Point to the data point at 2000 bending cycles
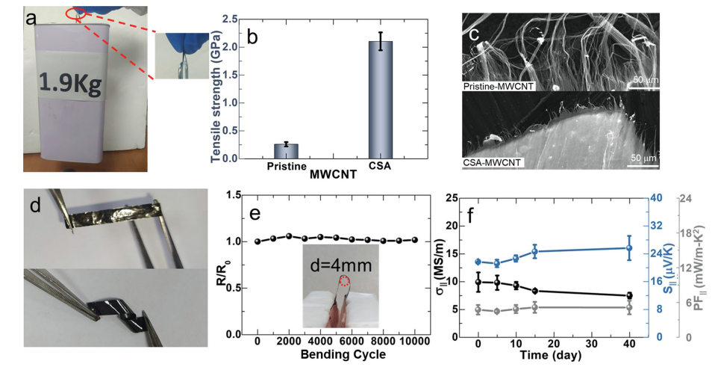[289, 235]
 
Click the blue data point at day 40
[629, 248]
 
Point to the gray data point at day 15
[534, 306]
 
